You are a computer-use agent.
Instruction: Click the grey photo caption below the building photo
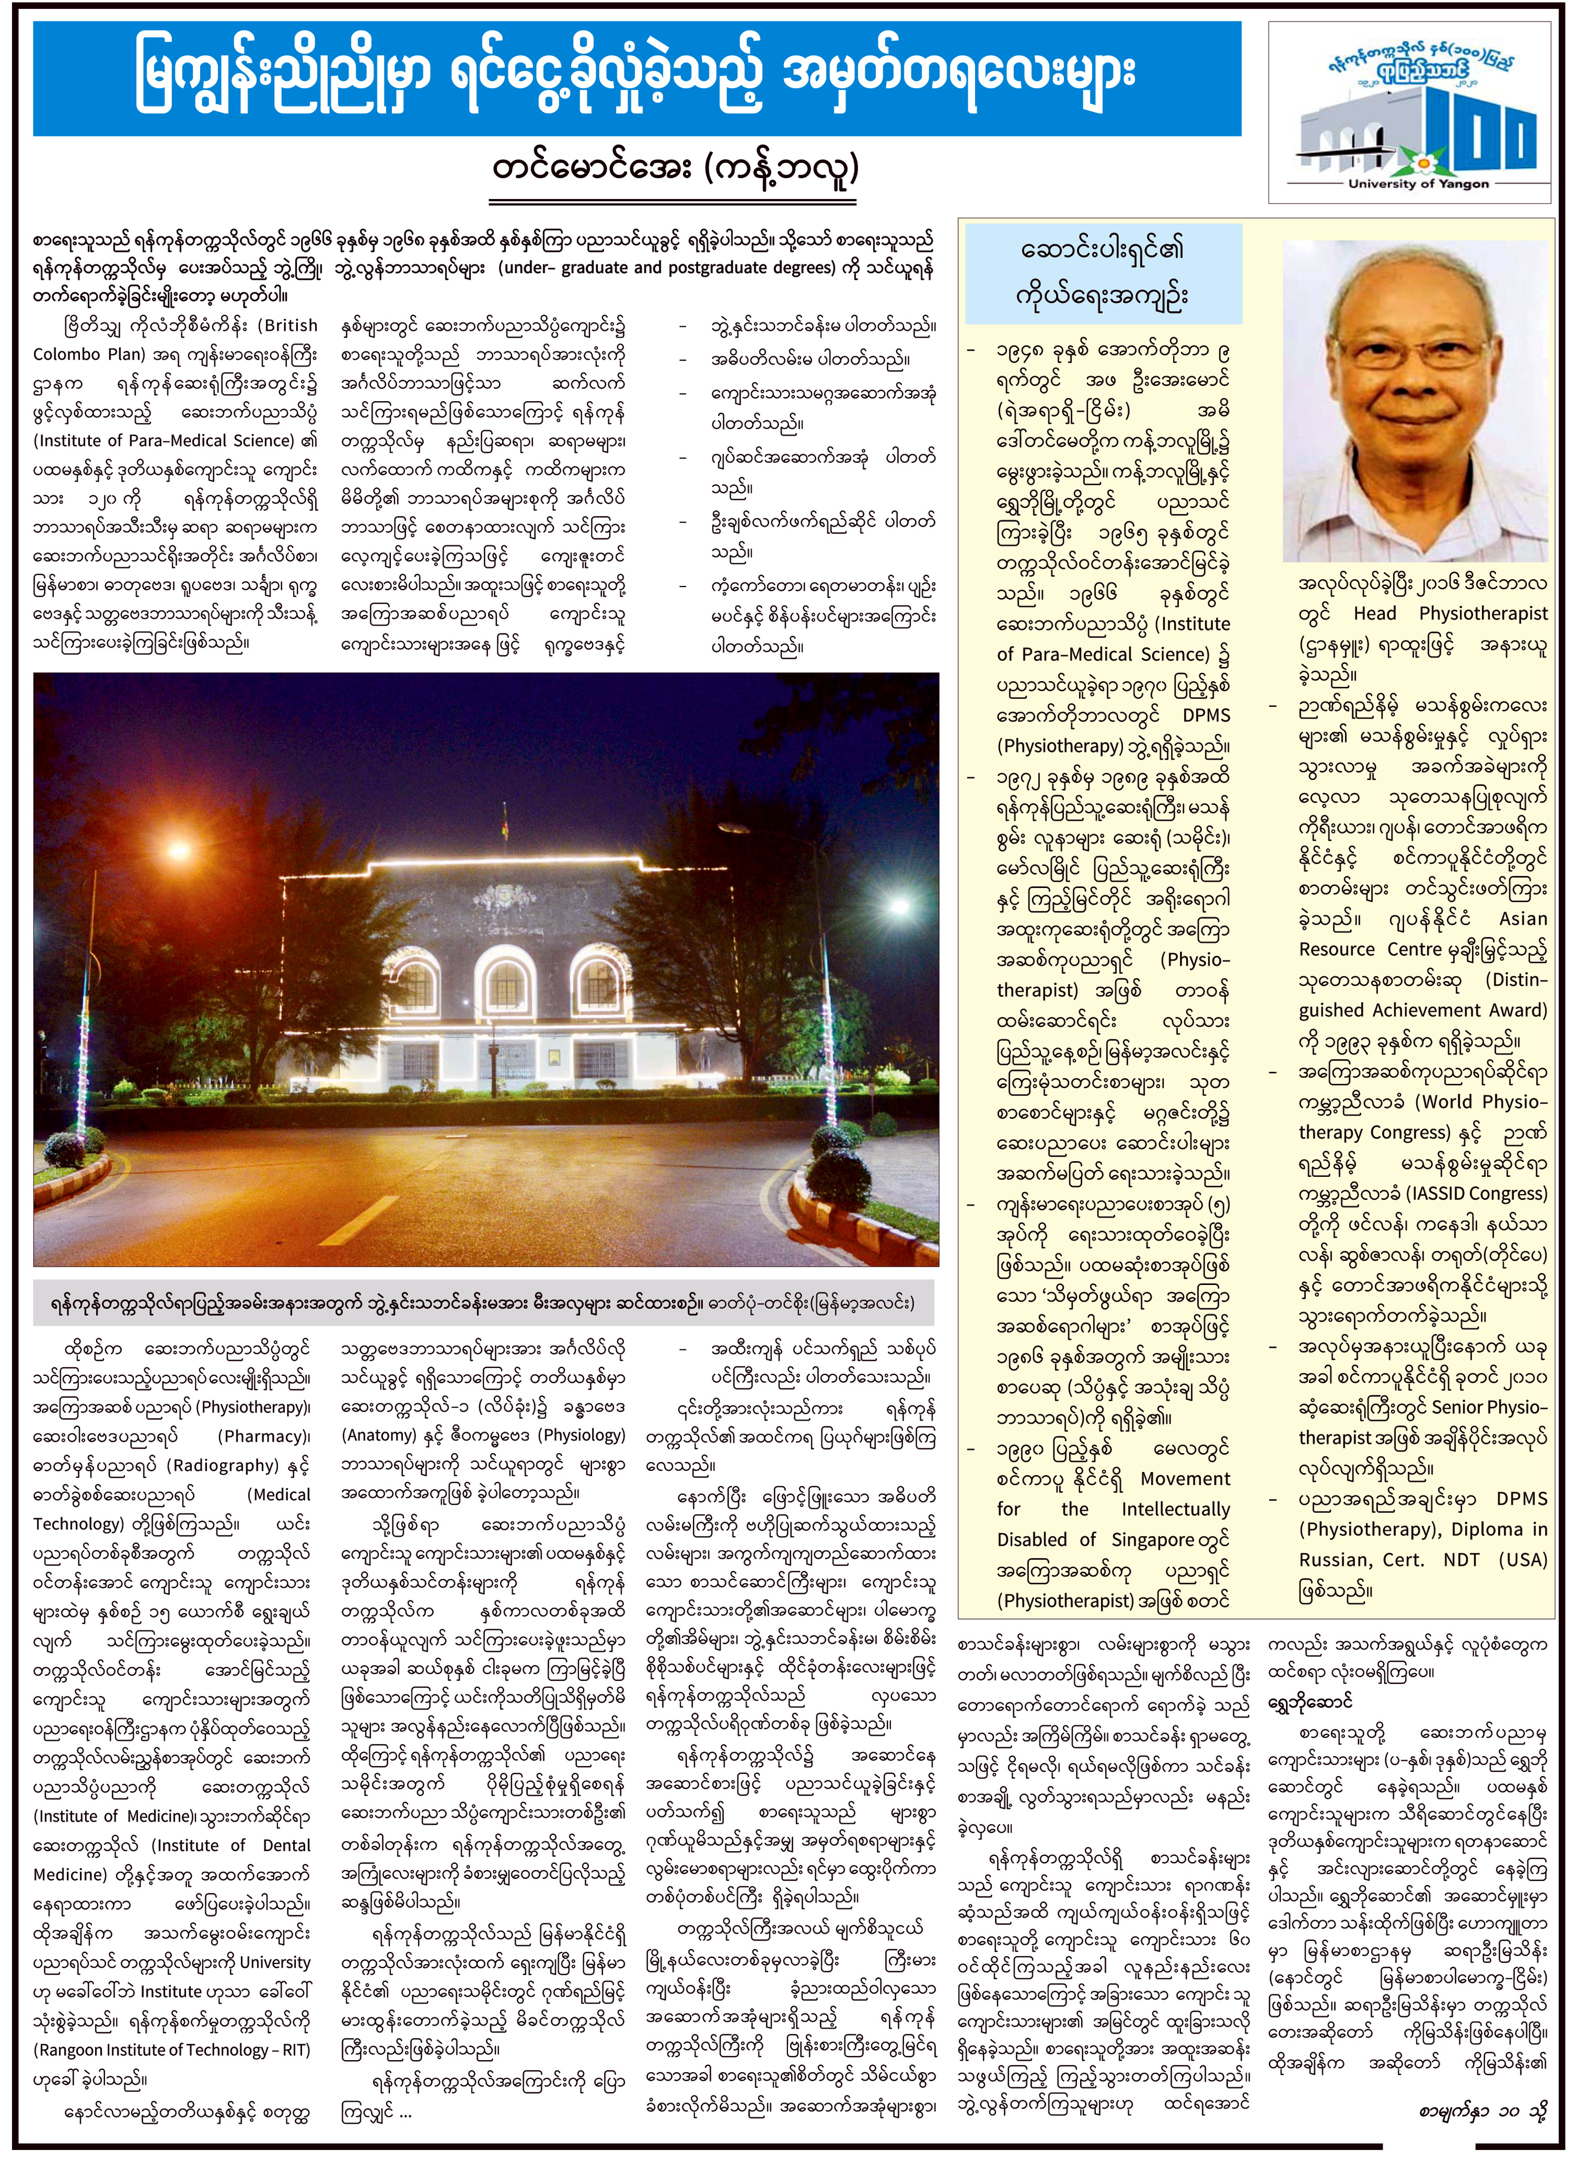pos(485,1303)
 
